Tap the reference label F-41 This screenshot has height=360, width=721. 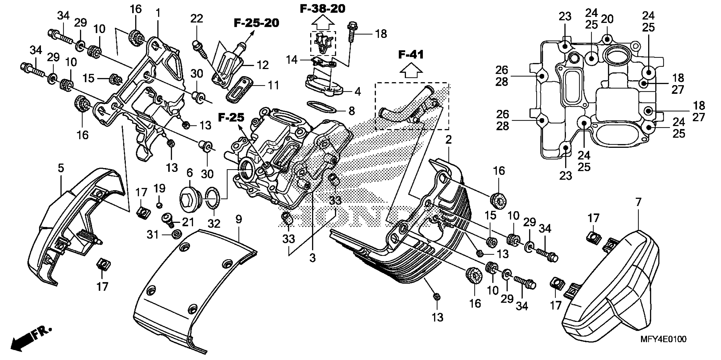click(411, 55)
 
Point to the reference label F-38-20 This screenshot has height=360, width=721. click(322, 9)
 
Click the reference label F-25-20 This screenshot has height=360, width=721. click(256, 23)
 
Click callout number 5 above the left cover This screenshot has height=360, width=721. click(61, 168)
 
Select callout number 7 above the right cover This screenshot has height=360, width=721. click(638, 202)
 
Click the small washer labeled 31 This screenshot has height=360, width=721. click(176, 234)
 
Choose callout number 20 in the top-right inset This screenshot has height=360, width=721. click(607, 19)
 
